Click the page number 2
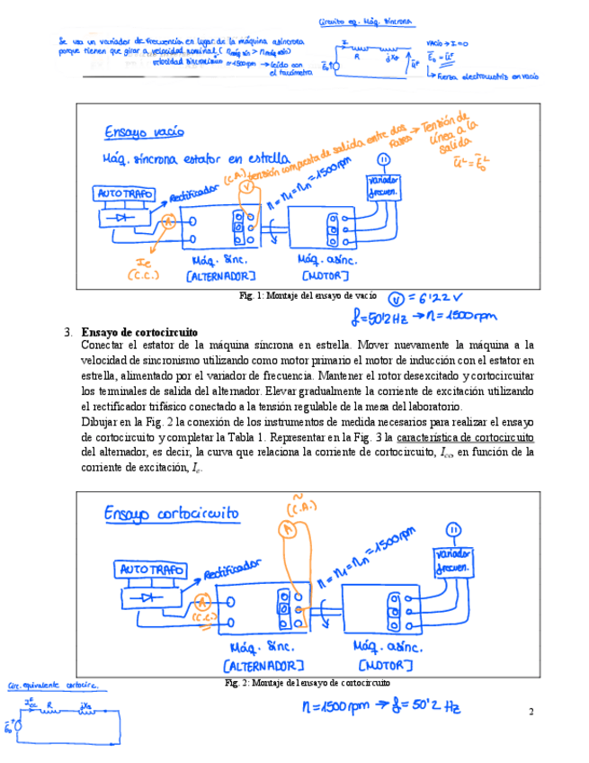click(531, 713)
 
